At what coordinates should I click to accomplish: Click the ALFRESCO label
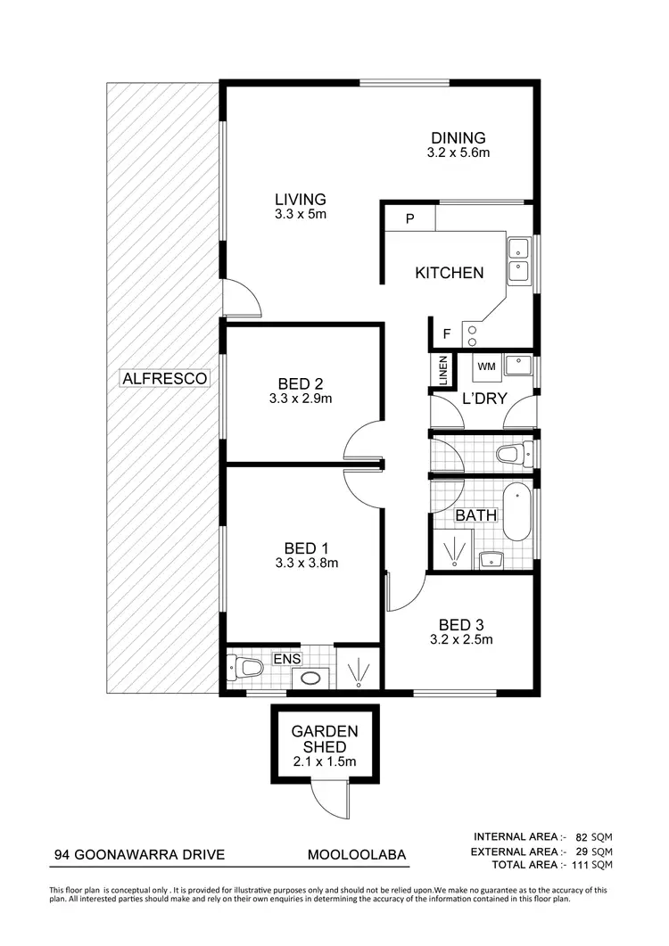165,379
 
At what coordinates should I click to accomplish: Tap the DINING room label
458,138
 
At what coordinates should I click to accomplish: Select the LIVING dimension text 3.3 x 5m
300,214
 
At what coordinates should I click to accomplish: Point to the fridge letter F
447,334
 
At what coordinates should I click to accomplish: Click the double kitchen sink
518,259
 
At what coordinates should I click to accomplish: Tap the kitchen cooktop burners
472,332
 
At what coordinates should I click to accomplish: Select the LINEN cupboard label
442,371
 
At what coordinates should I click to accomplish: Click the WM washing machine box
486,366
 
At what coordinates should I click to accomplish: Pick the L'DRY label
484,399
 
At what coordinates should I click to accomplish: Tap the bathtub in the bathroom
517,512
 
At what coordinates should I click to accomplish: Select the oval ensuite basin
310,678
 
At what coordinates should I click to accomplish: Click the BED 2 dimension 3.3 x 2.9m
300,399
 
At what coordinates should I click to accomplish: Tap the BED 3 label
460,624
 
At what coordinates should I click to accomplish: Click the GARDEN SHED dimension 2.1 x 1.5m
324,761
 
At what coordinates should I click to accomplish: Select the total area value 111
582,865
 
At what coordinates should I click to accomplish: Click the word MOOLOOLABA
357,855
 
